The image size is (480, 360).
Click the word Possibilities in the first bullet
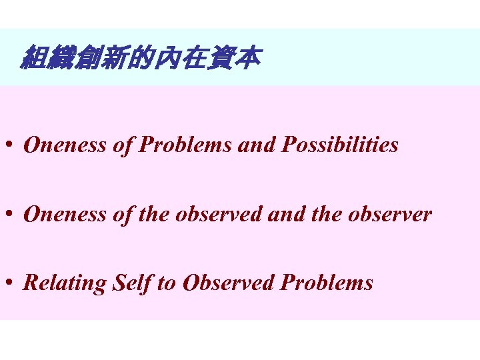pos(340,145)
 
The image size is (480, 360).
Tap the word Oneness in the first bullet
pos(63,145)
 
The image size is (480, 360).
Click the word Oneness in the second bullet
pos(63,215)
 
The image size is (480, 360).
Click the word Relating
pos(65,283)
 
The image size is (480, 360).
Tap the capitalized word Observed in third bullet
pos(229,283)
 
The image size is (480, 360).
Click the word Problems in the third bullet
pos(327,283)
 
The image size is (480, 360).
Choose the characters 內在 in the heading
pos(180,59)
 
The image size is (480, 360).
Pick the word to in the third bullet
pos(166,283)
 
